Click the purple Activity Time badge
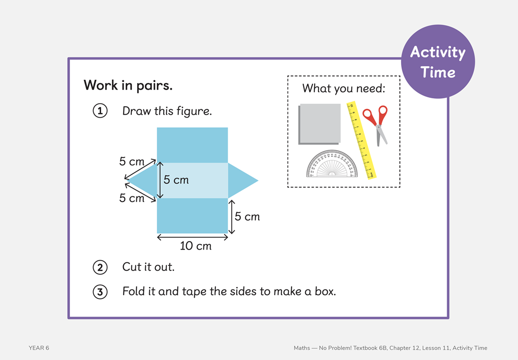tap(437, 62)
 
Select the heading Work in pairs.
tap(128, 85)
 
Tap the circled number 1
tap(99, 111)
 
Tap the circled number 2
tap(99, 267)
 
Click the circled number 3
tap(99, 292)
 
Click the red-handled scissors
tap(376, 124)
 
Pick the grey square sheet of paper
tap(319, 123)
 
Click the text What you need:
tap(343, 89)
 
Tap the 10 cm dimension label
tap(196, 246)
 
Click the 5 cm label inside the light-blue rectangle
tap(176, 180)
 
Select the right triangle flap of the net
tap(240, 180)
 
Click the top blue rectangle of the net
tap(192, 145)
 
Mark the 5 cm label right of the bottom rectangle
tap(247, 217)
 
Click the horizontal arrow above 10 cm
tap(192, 237)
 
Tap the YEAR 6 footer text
tap(39, 348)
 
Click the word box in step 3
tap(325, 291)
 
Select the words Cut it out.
tap(148, 267)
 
